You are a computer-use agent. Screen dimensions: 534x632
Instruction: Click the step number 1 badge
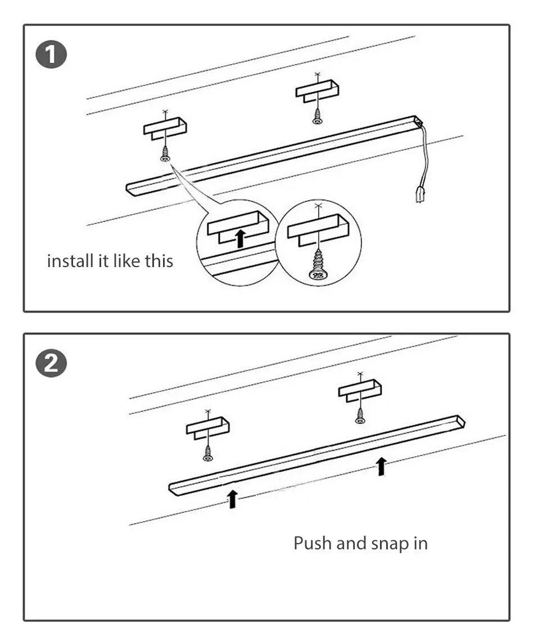[51, 55]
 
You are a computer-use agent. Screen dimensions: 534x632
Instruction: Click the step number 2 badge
[51, 363]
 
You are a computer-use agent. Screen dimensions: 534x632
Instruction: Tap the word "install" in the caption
[70, 261]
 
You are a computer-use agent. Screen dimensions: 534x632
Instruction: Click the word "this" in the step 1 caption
[159, 261]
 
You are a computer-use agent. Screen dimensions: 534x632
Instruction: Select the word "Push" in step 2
[313, 543]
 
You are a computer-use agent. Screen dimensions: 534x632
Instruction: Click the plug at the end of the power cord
[419, 195]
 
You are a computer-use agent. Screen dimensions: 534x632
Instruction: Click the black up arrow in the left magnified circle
[240, 238]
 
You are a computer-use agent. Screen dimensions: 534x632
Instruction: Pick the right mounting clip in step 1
[317, 91]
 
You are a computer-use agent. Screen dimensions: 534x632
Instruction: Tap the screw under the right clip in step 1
[317, 116]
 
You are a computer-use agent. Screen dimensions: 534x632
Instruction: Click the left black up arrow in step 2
[232, 499]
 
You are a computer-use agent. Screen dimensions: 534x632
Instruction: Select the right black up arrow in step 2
[381, 466]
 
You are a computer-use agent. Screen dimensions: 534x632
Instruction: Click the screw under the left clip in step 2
[208, 453]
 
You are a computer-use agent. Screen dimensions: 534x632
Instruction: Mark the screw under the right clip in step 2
[360, 416]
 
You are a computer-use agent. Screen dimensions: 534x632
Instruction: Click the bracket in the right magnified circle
[318, 230]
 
